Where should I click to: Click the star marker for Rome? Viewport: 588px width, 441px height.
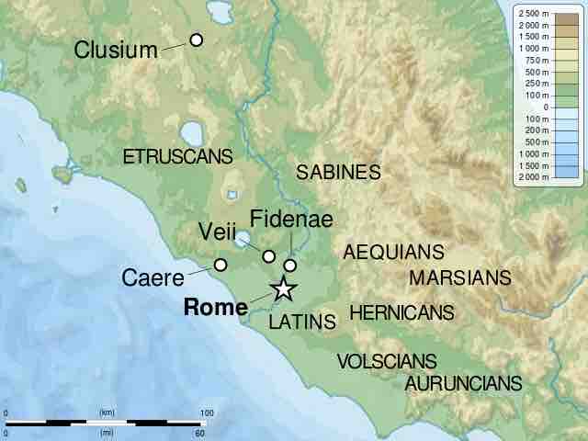(x=283, y=289)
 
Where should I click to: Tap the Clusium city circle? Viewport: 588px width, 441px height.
(x=196, y=40)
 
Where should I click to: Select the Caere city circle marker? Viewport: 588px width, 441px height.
(x=220, y=265)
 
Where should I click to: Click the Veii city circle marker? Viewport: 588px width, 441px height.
(x=269, y=255)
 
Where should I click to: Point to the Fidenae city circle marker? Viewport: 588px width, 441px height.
(x=290, y=266)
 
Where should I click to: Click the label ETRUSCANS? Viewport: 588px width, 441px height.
(x=178, y=157)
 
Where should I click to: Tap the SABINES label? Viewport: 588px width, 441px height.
(x=338, y=172)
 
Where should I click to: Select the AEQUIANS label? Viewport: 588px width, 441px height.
(x=393, y=252)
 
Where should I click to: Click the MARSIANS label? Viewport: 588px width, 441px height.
(x=459, y=277)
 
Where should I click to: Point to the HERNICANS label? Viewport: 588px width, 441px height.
(x=401, y=312)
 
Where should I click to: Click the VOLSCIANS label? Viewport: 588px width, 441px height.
(x=386, y=362)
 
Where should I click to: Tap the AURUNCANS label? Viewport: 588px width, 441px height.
(x=463, y=383)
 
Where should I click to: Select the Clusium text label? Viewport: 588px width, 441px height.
(x=116, y=50)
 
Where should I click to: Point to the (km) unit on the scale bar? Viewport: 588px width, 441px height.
(x=107, y=413)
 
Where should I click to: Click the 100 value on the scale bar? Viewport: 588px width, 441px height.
(x=207, y=413)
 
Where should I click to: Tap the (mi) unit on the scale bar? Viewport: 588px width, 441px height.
(x=107, y=432)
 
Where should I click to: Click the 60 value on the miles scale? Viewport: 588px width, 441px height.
(x=199, y=432)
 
